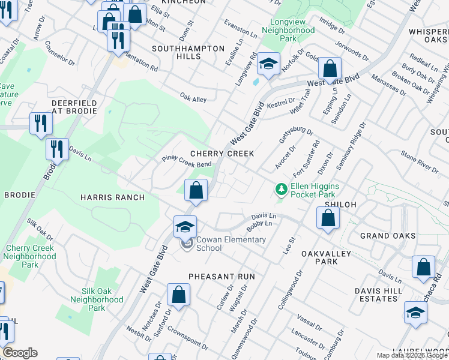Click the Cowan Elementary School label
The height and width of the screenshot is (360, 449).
coord(231,244)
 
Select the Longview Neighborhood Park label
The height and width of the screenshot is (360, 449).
coord(288,30)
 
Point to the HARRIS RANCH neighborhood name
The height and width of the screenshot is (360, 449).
coord(112,197)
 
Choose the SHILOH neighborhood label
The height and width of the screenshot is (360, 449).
coord(340,205)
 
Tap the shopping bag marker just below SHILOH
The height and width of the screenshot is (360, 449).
coord(328,218)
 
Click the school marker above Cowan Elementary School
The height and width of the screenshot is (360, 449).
coord(185,226)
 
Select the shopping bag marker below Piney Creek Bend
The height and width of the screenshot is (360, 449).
coord(196,191)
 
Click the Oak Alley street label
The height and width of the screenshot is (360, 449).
coord(193,96)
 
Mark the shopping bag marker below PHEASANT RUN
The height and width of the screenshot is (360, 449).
coord(178,295)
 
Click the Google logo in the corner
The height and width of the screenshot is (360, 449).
coord(20,353)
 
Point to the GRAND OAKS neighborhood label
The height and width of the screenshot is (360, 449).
coord(388,236)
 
